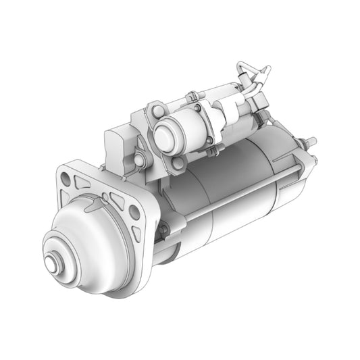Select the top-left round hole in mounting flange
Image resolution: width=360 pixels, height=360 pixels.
point(65,178)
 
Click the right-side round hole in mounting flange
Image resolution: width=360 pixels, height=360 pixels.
point(134,212)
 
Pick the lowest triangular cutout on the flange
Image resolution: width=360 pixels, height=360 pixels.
point(138,234)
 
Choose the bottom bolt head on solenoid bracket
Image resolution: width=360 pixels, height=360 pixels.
point(178,163)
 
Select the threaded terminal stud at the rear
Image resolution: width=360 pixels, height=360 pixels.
point(310,142)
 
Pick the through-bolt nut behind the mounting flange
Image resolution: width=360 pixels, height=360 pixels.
point(163,230)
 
